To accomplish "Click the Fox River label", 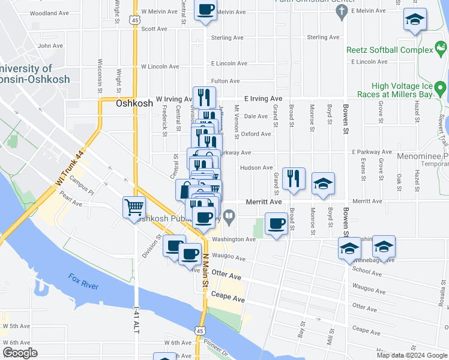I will (x=83, y=282).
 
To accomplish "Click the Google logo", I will (x=20, y=353).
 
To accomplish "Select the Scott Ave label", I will (x=154, y=28).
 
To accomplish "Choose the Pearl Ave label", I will (x=70, y=203).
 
